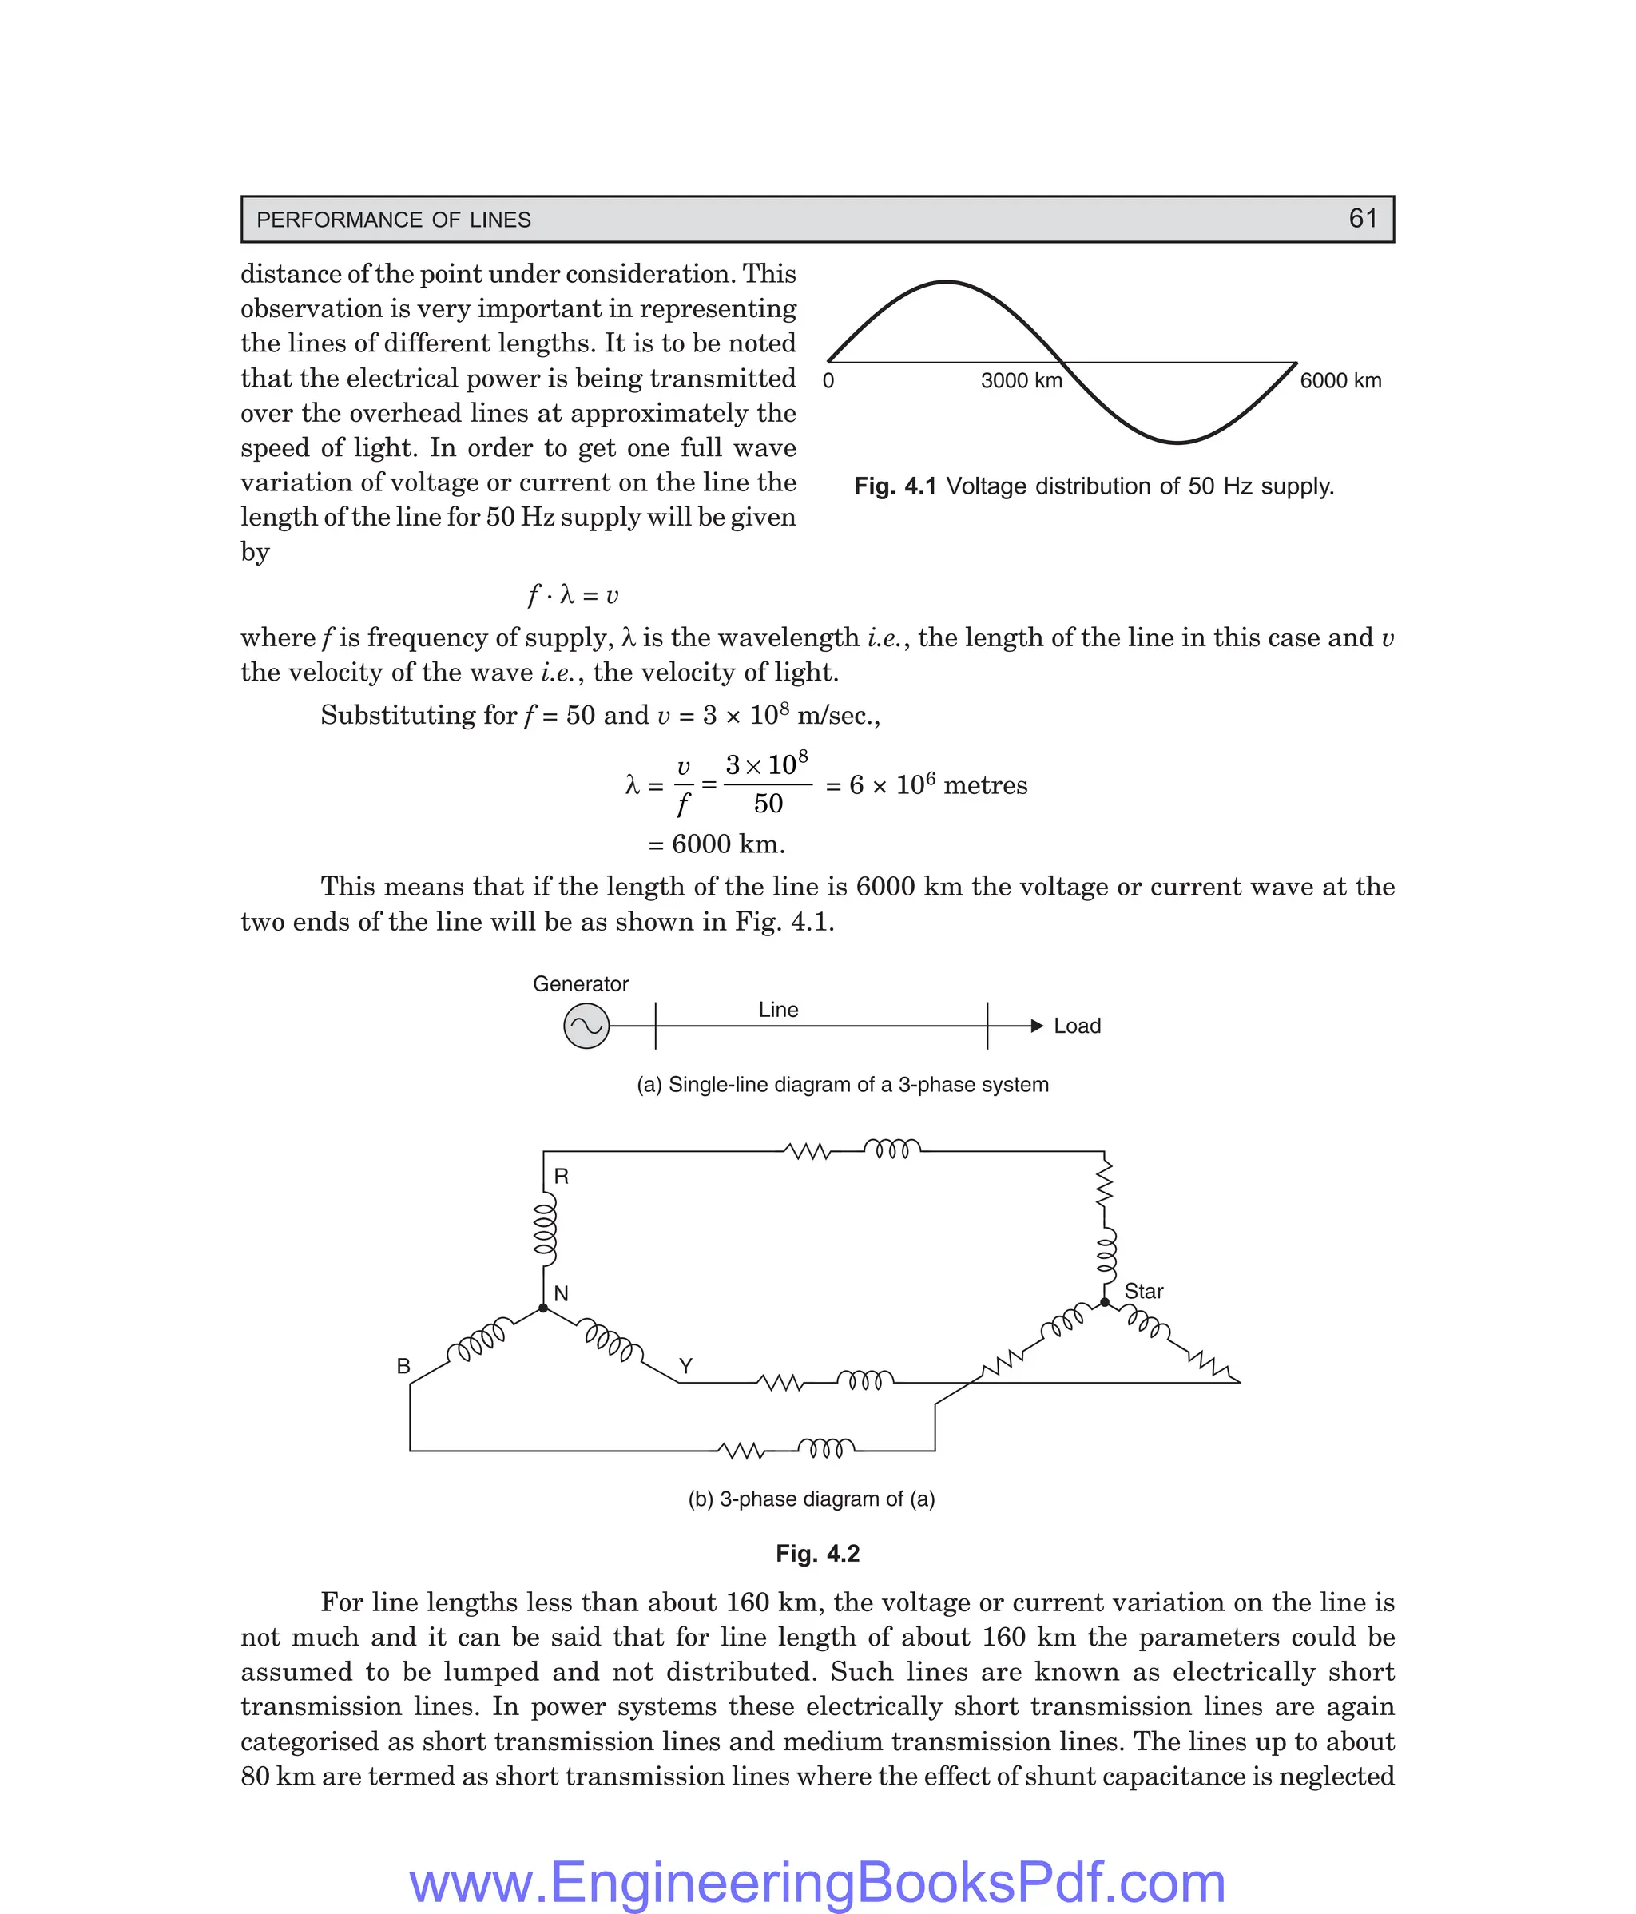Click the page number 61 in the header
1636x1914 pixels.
[1363, 219]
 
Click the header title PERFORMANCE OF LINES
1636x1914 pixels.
[394, 220]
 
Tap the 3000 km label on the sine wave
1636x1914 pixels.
[1021, 380]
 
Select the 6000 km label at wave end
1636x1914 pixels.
[1340, 380]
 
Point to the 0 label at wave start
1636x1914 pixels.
[828, 380]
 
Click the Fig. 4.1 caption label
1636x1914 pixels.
[894, 486]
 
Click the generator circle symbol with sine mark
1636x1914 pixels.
[586, 1026]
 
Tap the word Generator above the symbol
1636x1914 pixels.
[580, 984]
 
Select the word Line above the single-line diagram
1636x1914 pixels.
[778, 1010]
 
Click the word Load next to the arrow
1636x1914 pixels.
[1077, 1026]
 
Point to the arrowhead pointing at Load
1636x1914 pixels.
[1036, 1026]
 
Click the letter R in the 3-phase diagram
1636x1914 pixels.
[561, 1177]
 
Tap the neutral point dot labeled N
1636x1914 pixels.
[543, 1308]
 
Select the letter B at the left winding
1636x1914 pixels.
[403, 1366]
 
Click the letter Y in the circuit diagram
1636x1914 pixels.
[685, 1365]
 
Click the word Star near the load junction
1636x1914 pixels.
[1144, 1292]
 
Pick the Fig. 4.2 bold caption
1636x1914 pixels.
[817, 1554]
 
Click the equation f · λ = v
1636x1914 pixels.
[573, 596]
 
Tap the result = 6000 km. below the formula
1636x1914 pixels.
[717, 844]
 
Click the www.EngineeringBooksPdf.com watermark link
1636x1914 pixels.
[817, 1880]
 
